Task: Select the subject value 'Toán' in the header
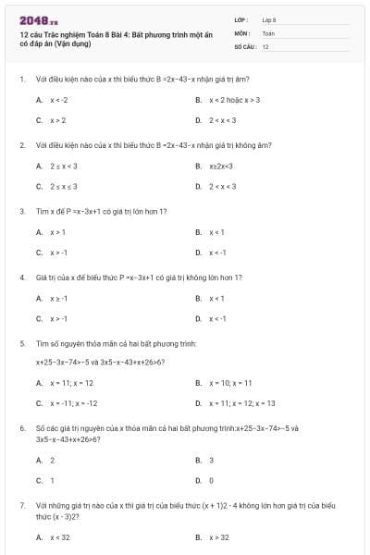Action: [x=268, y=32]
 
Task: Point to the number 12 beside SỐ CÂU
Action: [x=265, y=46]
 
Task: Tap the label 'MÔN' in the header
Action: [x=241, y=32]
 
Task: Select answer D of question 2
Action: [x=222, y=186]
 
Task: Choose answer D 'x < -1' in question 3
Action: [x=218, y=252]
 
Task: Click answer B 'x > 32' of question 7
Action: [x=219, y=536]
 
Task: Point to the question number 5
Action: [x=21, y=342]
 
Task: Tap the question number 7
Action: [x=21, y=506]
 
